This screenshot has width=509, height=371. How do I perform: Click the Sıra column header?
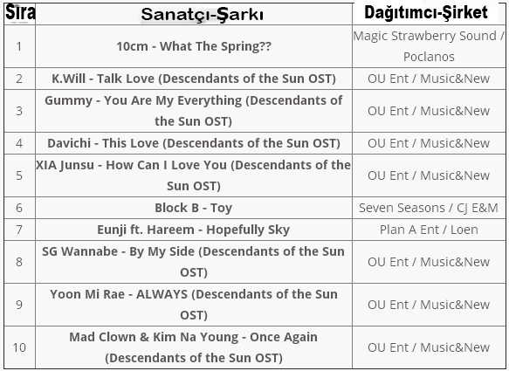pos(20,13)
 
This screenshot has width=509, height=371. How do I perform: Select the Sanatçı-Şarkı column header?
pos(202,14)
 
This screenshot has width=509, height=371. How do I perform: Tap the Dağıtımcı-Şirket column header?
pos(426,13)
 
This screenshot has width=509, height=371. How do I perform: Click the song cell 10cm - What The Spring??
pos(194,46)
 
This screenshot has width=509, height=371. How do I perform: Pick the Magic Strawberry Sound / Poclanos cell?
pos(429,46)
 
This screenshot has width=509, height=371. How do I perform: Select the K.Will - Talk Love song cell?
pos(194,79)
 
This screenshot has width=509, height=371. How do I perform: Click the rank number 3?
pos(19,111)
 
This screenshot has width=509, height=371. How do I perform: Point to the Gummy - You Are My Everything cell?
pos(194,111)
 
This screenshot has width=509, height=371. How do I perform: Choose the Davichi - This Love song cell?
pos(194,143)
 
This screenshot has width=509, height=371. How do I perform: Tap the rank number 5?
pos(19,175)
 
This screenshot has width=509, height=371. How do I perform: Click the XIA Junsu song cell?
pos(194,175)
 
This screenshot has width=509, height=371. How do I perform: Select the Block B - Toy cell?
pos(194,208)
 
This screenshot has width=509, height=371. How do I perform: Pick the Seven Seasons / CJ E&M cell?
pos(429,208)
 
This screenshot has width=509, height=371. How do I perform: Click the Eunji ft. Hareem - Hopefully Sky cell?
pos(194,230)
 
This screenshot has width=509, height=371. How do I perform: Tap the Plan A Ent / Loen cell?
pos(429,230)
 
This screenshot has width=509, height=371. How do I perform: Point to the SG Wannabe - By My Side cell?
pos(194,262)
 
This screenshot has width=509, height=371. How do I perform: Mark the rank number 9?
pos(19,305)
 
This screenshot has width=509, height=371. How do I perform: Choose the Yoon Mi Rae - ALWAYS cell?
pos(194,305)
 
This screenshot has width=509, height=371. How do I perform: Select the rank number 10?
pos(19,347)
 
